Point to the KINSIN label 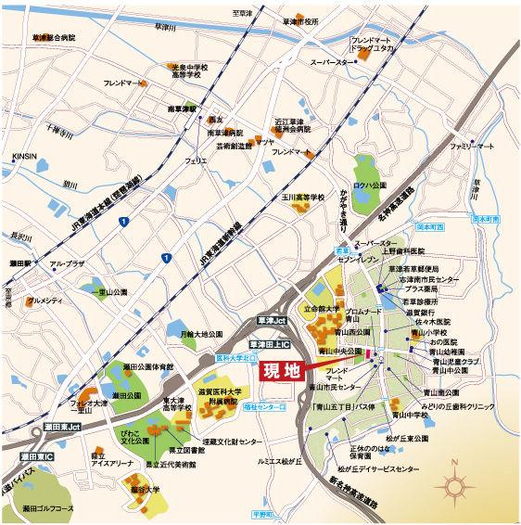pos(25,157)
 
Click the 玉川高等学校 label pos(303,198)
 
